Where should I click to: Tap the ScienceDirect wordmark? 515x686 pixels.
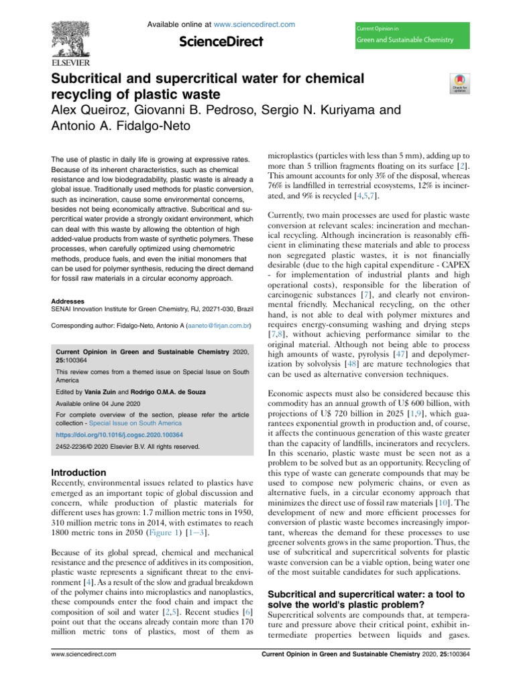pos(221,42)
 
